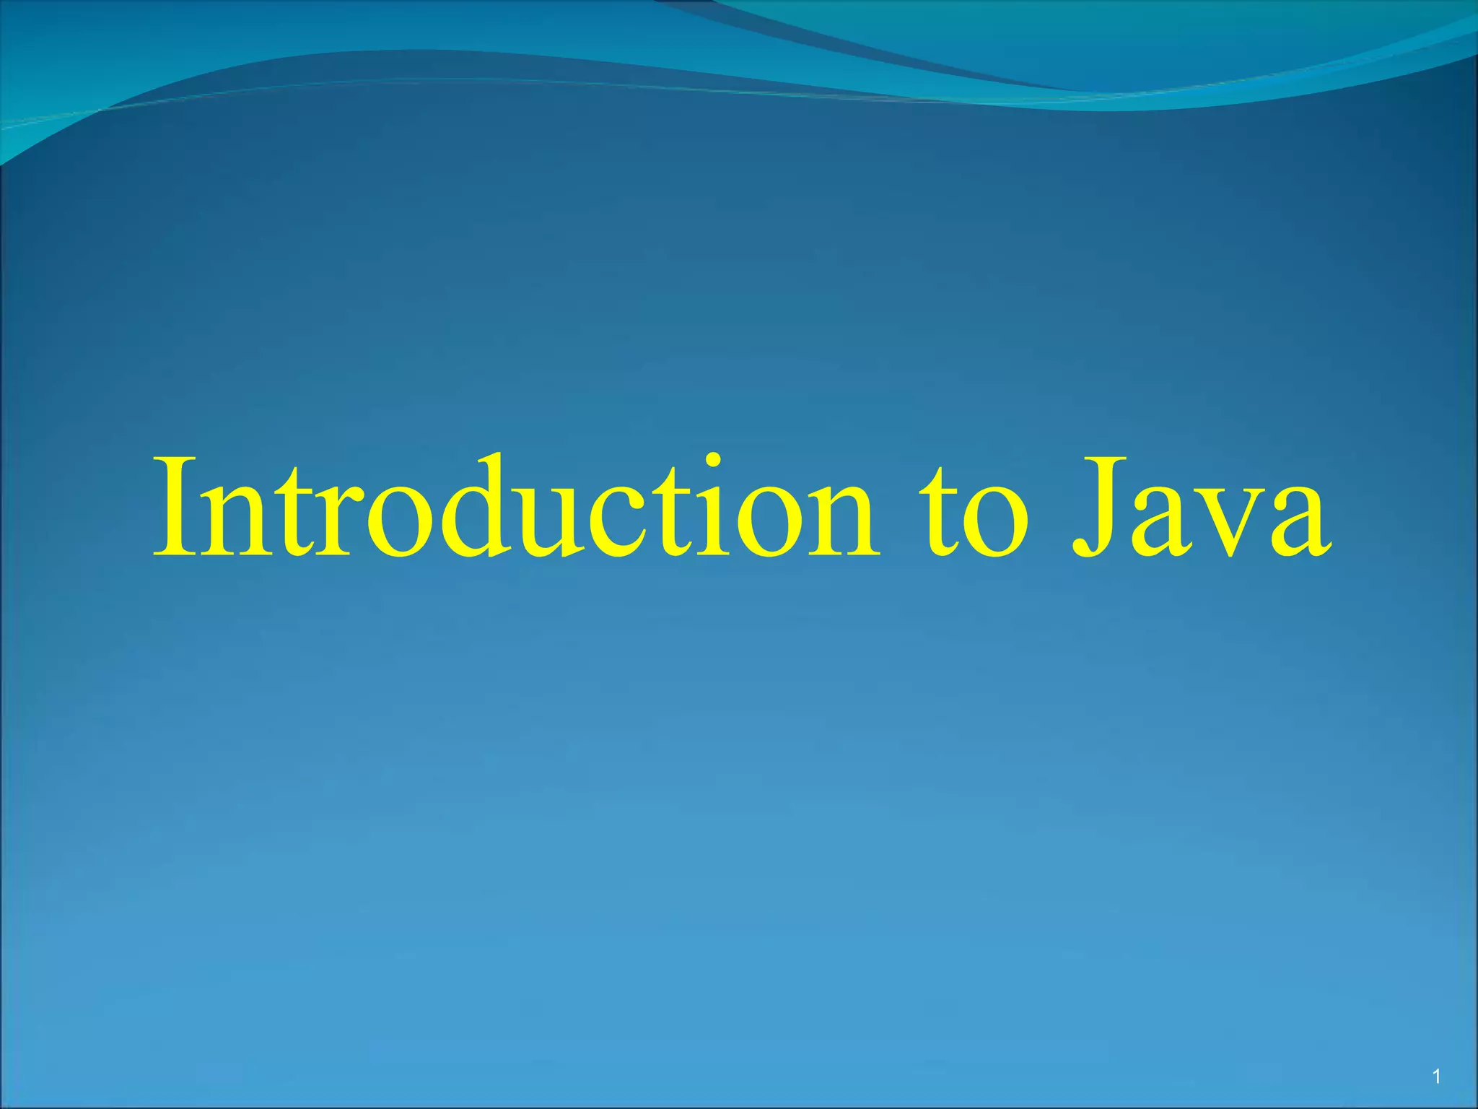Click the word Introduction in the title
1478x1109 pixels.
515,508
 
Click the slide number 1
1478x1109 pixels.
1436,1078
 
